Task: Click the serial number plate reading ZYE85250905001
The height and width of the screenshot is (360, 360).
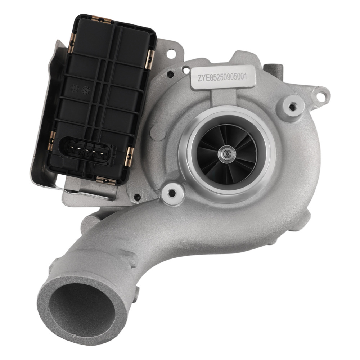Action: (x=223, y=77)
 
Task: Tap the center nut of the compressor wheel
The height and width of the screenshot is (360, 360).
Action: (x=227, y=154)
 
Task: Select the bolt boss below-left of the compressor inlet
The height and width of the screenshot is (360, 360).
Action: (x=172, y=194)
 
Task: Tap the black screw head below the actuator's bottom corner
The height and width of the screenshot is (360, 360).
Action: (x=137, y=197)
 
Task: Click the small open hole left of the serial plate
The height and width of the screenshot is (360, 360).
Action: (x=186, y=71)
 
